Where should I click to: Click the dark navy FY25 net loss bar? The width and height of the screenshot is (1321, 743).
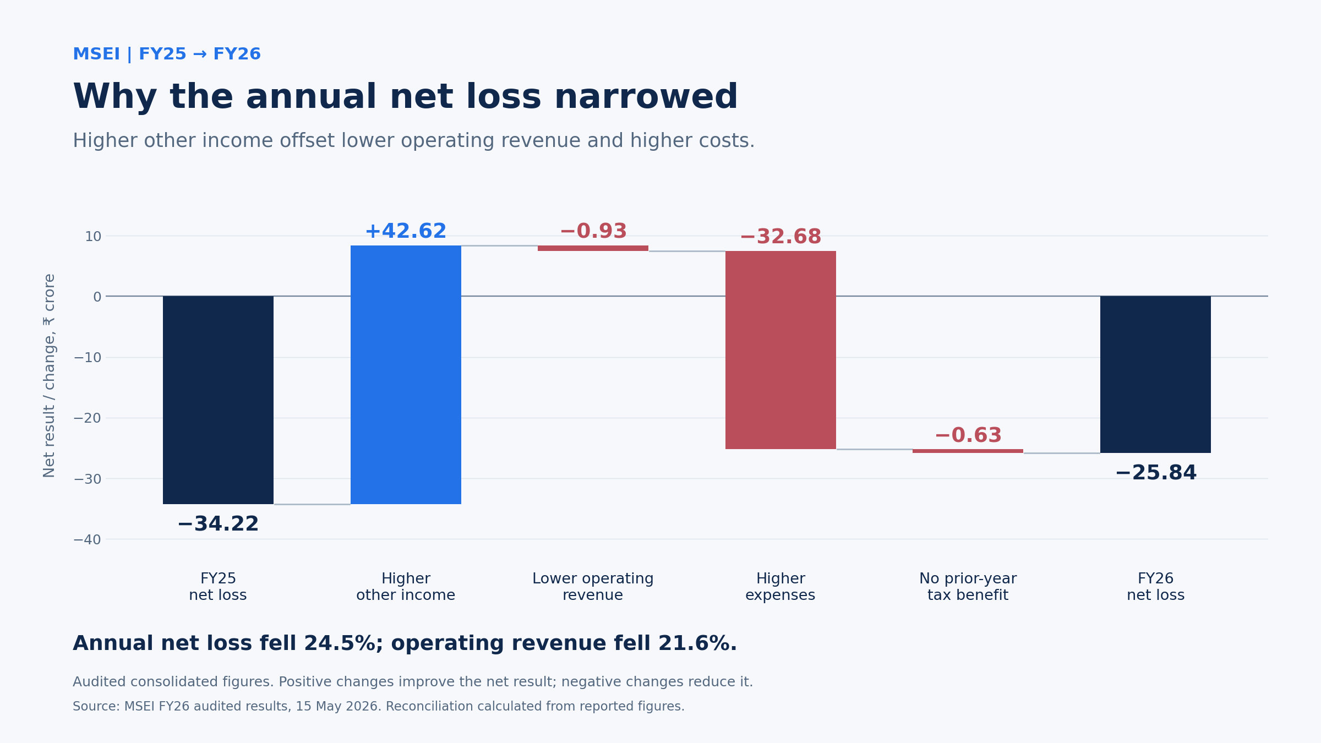coord(218,400)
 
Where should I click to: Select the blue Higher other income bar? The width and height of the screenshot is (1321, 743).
coord(406,375)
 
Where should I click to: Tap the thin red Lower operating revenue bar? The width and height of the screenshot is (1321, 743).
coord(593,248)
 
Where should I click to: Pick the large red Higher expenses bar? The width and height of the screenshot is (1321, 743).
coord(780,350)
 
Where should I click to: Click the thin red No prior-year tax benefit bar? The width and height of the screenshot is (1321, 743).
coord(968,451)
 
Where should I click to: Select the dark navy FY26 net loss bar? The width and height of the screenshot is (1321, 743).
coord(1155,374)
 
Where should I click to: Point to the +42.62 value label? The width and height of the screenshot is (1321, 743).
coord(406,231)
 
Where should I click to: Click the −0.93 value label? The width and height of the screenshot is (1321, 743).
coord(593,231)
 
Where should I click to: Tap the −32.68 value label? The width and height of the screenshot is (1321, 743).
coord(780,237)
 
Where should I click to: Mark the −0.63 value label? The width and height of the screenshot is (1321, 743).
coord(968,435)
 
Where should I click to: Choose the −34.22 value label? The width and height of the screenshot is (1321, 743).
coord(218,524)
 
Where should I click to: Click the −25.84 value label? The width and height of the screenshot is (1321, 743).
coord(1156,473)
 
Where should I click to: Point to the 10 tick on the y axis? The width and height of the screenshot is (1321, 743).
coord(93,237)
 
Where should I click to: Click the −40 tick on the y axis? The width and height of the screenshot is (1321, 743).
coord(88,539)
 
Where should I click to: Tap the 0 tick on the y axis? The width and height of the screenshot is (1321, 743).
coord(97,297)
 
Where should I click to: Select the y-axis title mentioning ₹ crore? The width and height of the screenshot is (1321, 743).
coord(50,375)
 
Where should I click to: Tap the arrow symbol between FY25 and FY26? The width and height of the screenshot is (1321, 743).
coord(200,54)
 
